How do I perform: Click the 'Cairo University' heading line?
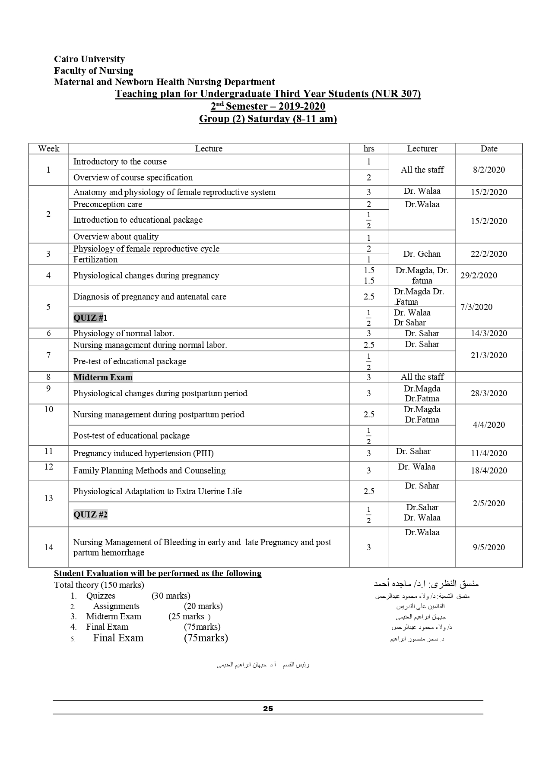coord(89,59)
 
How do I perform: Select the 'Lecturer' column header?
coord(422,148)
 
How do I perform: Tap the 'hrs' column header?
coord(368,148)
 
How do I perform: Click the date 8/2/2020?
coord(488,170)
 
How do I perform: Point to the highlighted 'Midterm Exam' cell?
coord(103,377)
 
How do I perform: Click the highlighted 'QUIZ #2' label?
coord(90,514)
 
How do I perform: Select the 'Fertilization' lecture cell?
coord(95,259)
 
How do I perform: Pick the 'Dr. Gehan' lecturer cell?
coord(422,254)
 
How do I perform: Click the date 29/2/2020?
coord(479,275)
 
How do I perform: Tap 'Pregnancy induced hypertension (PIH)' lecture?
coord(143,453)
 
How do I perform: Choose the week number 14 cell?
coord(48,547)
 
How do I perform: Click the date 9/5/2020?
coord(488,547)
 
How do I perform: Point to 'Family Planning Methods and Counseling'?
coord(149,470)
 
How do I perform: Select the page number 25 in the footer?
coord(268,708)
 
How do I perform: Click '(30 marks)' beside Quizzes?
coord(171,596)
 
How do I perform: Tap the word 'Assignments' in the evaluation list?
coord(116,606)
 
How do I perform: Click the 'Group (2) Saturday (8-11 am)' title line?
coord(268,119)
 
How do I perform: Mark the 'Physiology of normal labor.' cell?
coord(124,333)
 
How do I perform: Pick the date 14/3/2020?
coord(488,333)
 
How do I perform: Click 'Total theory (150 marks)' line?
coord(99,585)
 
